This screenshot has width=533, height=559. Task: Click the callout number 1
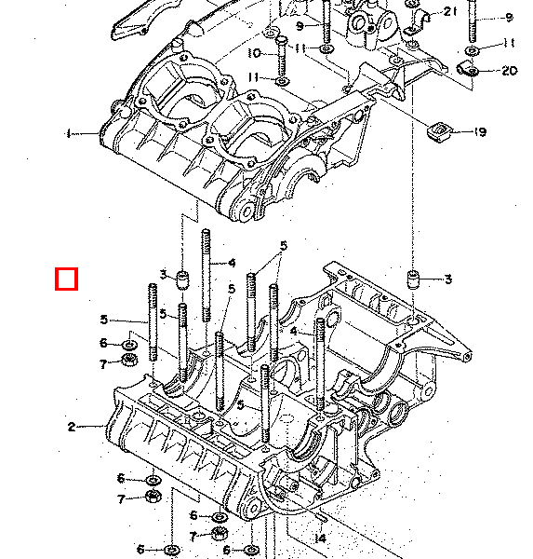pos(68,133)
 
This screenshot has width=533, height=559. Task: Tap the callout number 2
pos(72,427)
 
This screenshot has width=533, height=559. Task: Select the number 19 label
pos(480,132)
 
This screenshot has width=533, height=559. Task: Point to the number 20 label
pos(509,71)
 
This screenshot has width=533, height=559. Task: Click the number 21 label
pos(450,12)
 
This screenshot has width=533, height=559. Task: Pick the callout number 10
pos(255,53)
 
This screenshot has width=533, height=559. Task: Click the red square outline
pos(66,279)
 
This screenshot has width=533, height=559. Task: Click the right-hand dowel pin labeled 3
pos(413,279)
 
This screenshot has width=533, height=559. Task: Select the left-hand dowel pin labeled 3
pos(182,280)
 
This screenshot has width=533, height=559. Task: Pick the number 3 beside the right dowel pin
pos(448,279)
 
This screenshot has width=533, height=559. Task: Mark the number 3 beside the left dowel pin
pos(164,275)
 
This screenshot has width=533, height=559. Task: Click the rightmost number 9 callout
pos(509,17)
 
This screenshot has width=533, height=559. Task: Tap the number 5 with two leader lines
pos(284,246)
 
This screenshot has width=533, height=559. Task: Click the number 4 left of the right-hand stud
pos(294,331)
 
